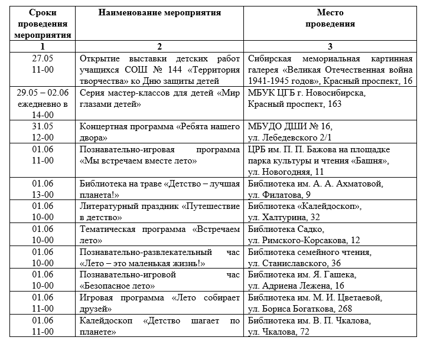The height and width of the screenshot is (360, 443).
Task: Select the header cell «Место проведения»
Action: click(x=330, y=18)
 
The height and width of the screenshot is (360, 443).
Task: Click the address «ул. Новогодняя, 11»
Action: click(x=286, y=172)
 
